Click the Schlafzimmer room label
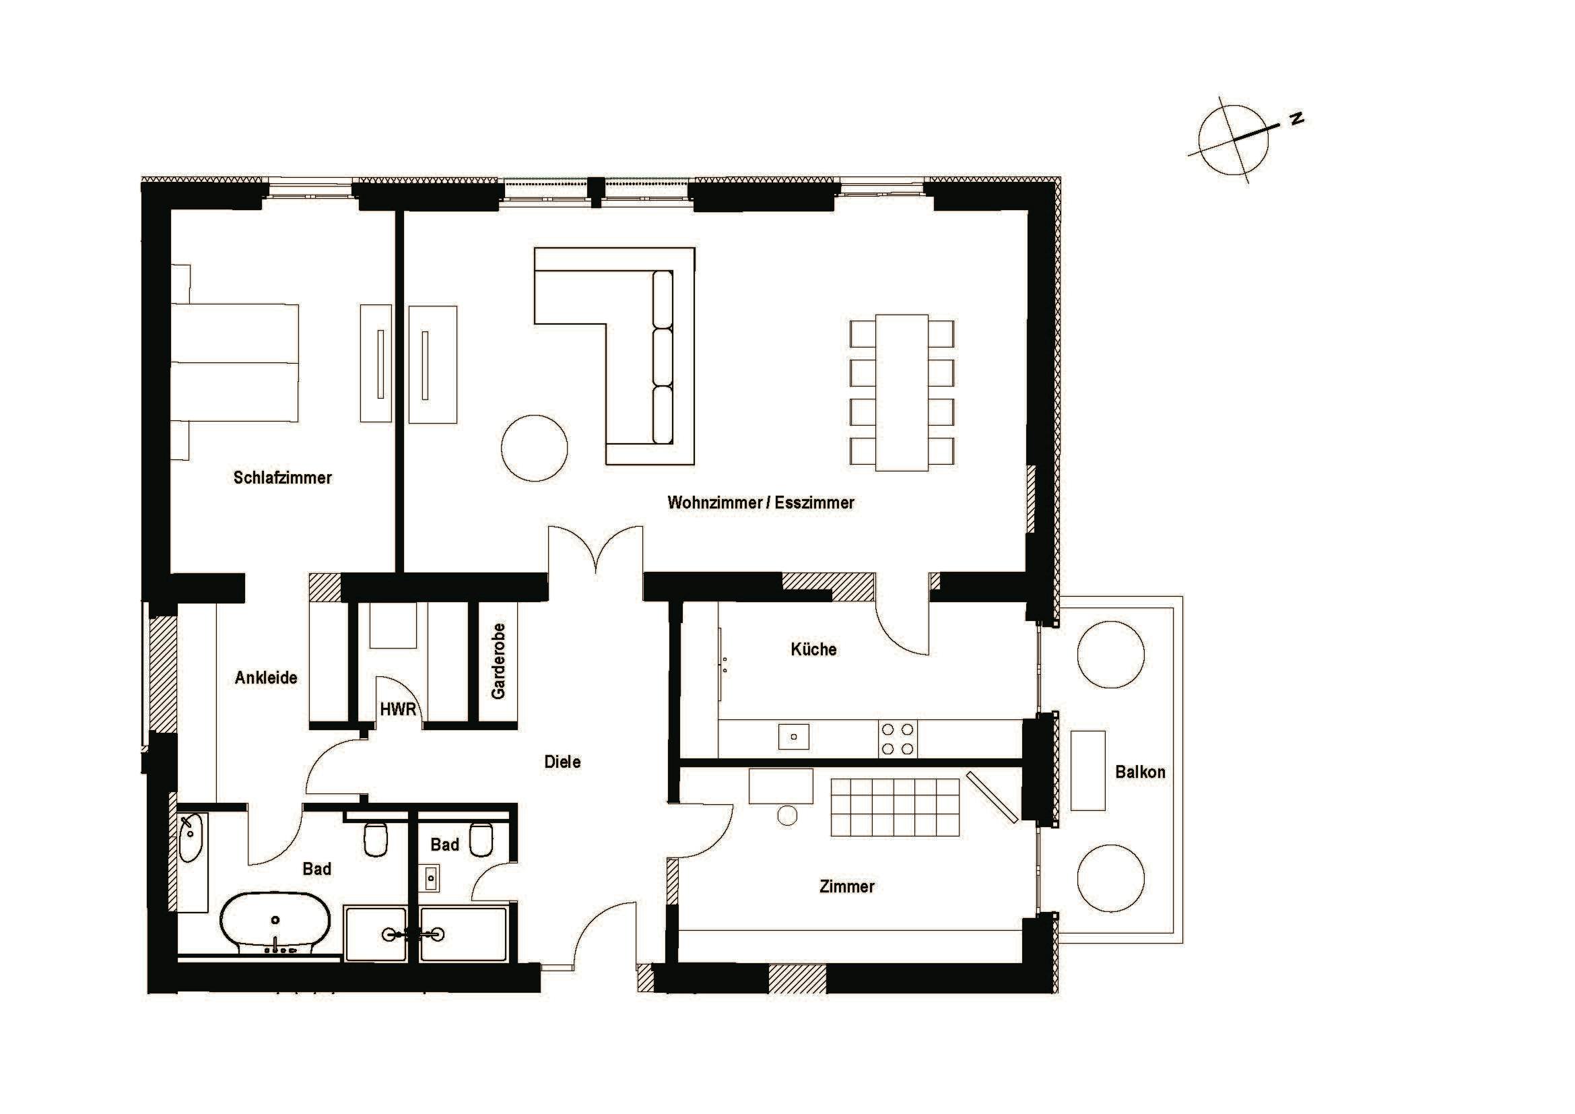pos(282,478)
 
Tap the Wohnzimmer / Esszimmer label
pos(760,503)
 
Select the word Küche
pos(813,649)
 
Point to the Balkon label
pos(1139,772)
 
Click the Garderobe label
pos(499,661)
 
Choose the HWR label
pos(398,709)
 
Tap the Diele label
pos(562,762)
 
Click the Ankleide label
pos(265,678)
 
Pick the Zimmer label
pos(846,886)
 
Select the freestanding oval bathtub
pos(276,922)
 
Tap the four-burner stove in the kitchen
pos(897,740)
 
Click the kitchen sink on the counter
pos(794,737)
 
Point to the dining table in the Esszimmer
pos(902,393)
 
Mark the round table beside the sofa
pos(534,448)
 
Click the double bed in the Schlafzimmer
pos(234,362)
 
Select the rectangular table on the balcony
pos(1087,771)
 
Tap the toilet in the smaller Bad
pos(481,839)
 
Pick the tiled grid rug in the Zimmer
pos(894,808)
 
